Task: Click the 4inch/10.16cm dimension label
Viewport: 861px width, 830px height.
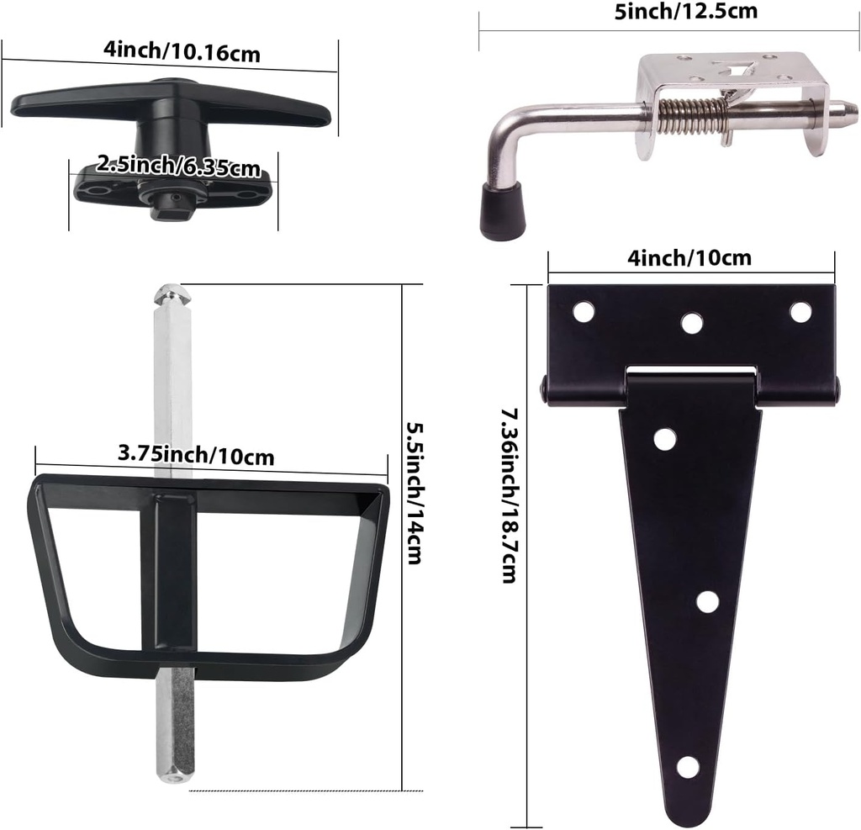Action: [182, 51]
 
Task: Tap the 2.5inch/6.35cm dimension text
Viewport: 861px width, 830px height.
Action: [177, 165]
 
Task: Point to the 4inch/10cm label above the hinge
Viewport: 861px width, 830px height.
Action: [691, 256]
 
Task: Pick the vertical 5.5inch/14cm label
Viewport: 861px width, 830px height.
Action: [412, 492]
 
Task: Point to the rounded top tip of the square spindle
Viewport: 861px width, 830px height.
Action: [172, 295]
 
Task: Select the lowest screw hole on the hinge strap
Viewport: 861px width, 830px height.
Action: [688, 766]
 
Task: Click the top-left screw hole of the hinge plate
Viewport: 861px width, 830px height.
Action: [583, 311]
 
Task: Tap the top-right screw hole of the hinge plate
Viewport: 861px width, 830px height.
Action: [800, 311]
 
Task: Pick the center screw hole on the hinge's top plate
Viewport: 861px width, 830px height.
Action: [692, 323]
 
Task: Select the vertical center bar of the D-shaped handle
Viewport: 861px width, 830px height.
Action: [175, 572]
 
